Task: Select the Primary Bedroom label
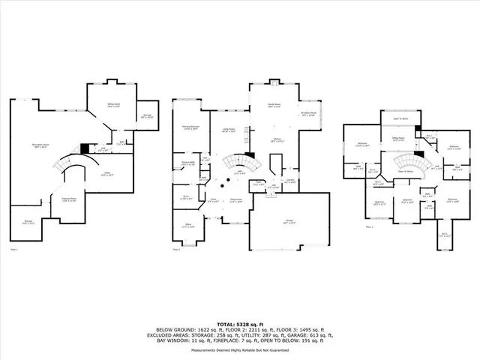point(190,128)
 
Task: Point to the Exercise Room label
point(69,199)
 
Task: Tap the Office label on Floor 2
point(189,226)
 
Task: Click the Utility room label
point(107,175)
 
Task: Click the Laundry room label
point(290,180)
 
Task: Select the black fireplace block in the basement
point(85,148)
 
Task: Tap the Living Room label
point(227,130)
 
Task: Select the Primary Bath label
point(188,163)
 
